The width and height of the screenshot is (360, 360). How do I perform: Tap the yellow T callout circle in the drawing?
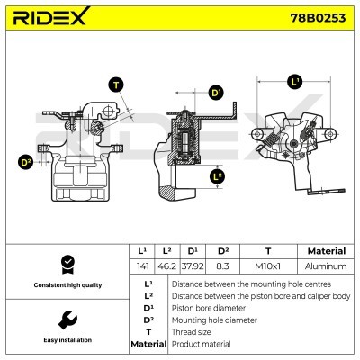click(x=115, y=85)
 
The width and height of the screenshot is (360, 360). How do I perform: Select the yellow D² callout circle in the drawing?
click(x=25, y=162)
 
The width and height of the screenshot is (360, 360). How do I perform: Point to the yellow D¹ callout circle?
click(x=216, y=93)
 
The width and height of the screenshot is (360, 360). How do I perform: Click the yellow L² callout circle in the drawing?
click(x=217, y=177)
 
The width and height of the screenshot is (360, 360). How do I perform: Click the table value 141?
click(x=141, y=266)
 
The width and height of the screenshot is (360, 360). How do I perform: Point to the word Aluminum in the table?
click(x=326, y=266)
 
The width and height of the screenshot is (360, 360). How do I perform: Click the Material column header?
click(x=326, y=251)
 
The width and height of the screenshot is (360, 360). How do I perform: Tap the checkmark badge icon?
click(x=66, y=263)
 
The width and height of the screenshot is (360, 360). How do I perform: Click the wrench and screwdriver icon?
click(x=66, y=319)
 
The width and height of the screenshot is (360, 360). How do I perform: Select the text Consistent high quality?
click(x=66, y=285)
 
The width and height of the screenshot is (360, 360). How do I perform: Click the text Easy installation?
click(x=66, y=341)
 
